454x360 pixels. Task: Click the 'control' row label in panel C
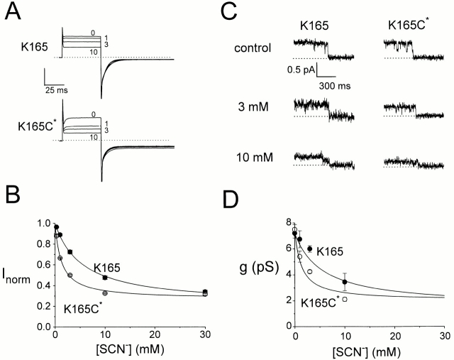[x=252, y=49]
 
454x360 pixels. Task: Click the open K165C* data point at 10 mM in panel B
[x=105, y=293]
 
